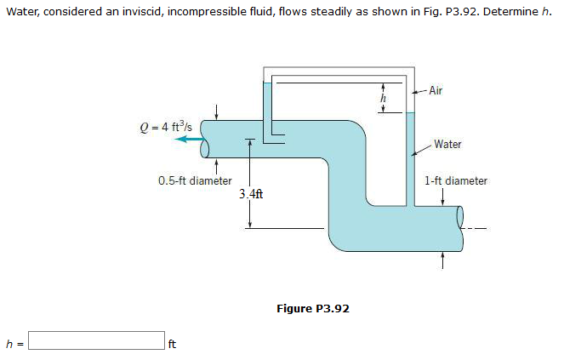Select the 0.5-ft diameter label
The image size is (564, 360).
195,180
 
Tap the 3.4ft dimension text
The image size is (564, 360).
251,194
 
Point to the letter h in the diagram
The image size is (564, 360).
383,100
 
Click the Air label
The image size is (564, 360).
436,90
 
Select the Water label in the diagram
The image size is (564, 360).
447,144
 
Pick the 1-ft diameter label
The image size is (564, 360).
455,180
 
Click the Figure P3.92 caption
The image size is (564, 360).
313,308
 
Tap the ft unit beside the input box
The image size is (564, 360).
173,345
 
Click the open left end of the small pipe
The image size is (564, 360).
204,149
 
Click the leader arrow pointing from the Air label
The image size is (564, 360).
418,91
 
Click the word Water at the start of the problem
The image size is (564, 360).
22,16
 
